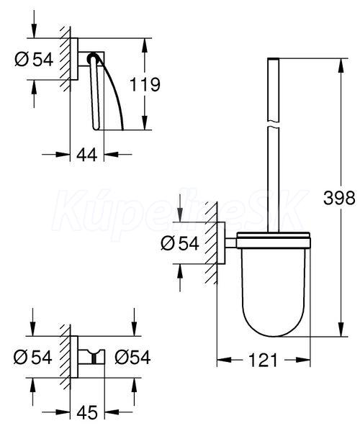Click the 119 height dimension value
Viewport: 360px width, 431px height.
click(145, 84)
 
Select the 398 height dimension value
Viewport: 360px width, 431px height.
click(339, 198)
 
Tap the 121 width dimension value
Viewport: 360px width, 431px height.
click(263, 360)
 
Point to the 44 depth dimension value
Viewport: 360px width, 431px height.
click(87, 155)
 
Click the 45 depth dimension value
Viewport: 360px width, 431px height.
click(87, 412)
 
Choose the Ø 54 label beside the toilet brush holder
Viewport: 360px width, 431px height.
click(179, 243)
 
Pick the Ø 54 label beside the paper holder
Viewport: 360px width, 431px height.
click(34, 60)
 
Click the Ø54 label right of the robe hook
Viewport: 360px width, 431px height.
click(132, 358)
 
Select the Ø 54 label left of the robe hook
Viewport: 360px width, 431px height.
click(32, 358)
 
